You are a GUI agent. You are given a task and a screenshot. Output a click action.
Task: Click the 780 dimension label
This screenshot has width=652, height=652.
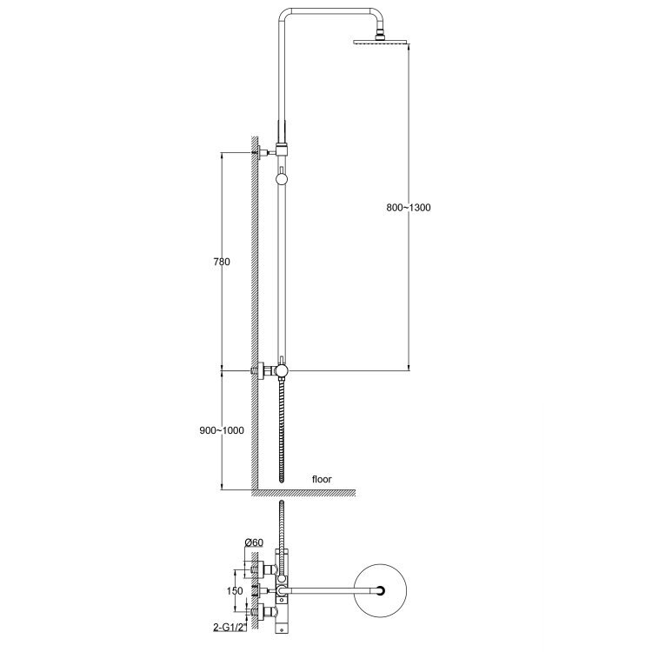(221, 262)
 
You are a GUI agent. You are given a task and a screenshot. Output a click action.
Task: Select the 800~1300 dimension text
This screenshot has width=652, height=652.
(409, 208)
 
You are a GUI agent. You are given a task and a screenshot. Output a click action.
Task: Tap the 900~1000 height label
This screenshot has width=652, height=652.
(222, 431)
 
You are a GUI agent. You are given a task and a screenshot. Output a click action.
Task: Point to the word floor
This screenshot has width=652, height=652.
(322, 479)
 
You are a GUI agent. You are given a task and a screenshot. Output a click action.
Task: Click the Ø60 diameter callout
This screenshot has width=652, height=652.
(254, 542)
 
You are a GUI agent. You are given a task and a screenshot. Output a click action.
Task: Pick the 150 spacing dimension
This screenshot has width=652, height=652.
(235, 591)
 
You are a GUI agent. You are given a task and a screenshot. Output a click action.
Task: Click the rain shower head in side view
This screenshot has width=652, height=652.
(379, 42)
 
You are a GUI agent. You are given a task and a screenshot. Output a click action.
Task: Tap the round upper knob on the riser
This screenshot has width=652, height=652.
(282, 179)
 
